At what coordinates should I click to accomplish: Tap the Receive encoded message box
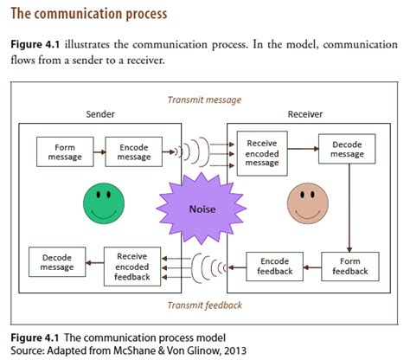261,152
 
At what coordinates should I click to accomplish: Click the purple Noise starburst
204,209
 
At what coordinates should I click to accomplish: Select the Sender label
100,114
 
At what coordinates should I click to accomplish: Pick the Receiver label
304,114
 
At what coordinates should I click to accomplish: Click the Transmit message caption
204,100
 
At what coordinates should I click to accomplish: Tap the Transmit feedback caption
204,305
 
